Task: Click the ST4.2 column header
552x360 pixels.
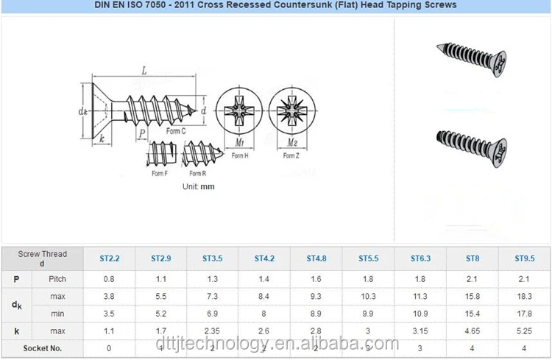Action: pos(264,258)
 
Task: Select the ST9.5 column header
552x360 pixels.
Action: pos(524,258)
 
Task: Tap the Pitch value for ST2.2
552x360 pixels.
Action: pos(109,279)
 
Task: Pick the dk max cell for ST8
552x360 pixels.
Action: pos(473,295)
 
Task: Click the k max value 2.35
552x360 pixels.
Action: pos(213,331)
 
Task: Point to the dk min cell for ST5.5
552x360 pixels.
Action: pos(368,313)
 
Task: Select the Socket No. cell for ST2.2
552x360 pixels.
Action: pos(109,347)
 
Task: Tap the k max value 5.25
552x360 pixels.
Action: pos(524,331)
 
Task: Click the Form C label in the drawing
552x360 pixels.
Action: pos(175,131)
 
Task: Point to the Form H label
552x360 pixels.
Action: pos(240,156)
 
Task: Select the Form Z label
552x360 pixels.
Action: pos(291,156)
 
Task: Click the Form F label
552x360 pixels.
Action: pos(160,174)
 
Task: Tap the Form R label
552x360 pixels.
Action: pos(197,174)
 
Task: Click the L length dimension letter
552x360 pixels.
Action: pos(144,72)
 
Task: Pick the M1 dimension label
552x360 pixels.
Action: pos(240,141)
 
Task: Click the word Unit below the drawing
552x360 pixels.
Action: pos(190,187)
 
